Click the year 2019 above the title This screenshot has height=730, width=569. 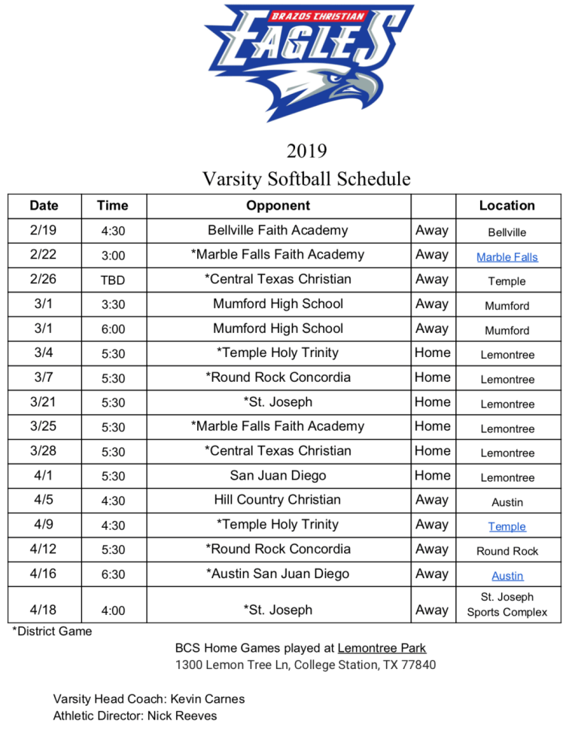pyautogui.click(x=306, y=150)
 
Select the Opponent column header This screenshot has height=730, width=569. pyautogui.click(x=278, y=205)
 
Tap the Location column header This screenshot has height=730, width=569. pyautogui.click(x=507, y=205)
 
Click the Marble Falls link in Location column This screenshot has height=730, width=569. pyautogui.click(x=507, y=257)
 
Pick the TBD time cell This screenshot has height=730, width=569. pyautogui.click(x=113, y=280)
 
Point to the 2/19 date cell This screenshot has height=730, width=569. pyautogui.click(x=44, y=230)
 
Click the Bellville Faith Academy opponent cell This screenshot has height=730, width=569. pyautogui.click(x=278, y=230)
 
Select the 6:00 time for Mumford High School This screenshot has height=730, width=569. pyautogui.click(x=113, y=329)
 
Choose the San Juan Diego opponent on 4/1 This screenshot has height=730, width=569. pyautogui.click(x=278, y=476)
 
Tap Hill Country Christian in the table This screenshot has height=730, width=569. pyautogui.click(x=278, y=500)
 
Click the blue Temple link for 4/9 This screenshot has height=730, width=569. pyautogui.click(x=507, y=527)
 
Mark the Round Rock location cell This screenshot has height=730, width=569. pyautogui.click(x=507, y=551)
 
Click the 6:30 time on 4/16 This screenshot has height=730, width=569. pyautogui.click(x=113, y=575)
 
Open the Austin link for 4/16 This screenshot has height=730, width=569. pyautogui.click(x=507, y=576)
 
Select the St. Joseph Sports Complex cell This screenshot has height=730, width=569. pyautogui.click(x=507, y=604)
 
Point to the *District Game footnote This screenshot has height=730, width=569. pyautogui.click(x=52, y=632)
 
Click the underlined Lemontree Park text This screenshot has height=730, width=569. pyautogui.click(x=382, y=648)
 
